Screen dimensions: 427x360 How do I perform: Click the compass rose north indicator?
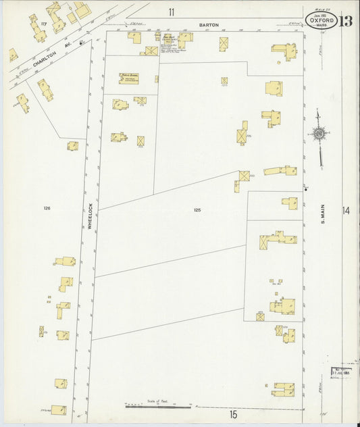point(318,134)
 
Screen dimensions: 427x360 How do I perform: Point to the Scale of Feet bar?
point(158,407)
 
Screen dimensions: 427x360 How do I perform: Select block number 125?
point(197,210)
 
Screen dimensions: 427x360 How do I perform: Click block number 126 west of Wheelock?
point(47,207)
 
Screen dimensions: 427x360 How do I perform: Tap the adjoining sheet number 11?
point(172,11)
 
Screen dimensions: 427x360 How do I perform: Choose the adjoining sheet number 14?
point(346,211)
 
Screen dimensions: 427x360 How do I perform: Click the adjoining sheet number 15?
point(234,413)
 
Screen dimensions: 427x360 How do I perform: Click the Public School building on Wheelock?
point(129,78)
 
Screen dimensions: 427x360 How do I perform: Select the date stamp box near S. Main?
point(339,371)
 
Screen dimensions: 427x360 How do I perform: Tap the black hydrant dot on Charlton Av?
point(82,42)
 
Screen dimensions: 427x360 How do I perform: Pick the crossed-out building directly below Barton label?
point(223,43)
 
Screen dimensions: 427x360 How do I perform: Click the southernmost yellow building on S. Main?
point(283,388)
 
